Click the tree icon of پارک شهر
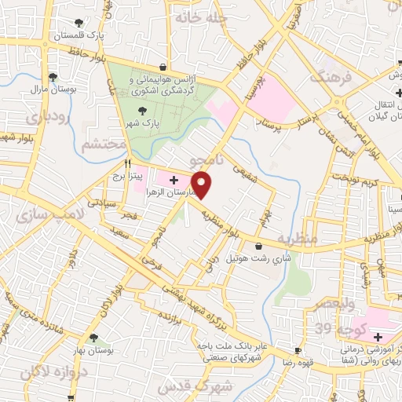coord(142,111)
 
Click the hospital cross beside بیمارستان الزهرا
coord(174,180)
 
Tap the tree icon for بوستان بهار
coord(94,338)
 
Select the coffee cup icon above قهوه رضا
coord(298,350)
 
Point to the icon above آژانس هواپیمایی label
coord(163,68)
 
